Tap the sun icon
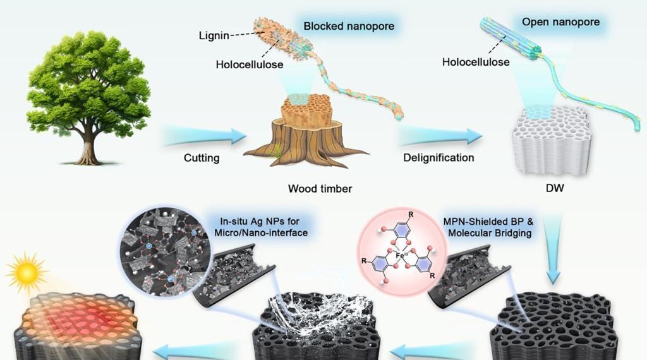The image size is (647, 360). pos(27,272)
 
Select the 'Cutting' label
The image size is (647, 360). pos(202,158)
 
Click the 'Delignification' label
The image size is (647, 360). pos(438,157)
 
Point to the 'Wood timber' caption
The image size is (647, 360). pos(320,188)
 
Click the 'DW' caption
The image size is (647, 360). pos(554,188)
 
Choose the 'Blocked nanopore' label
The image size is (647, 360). pos(349,27)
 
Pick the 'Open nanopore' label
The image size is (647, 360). pos(560,23)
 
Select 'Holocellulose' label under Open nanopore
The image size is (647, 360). pos(476,62)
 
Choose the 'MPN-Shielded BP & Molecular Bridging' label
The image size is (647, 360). pos(486,227)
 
